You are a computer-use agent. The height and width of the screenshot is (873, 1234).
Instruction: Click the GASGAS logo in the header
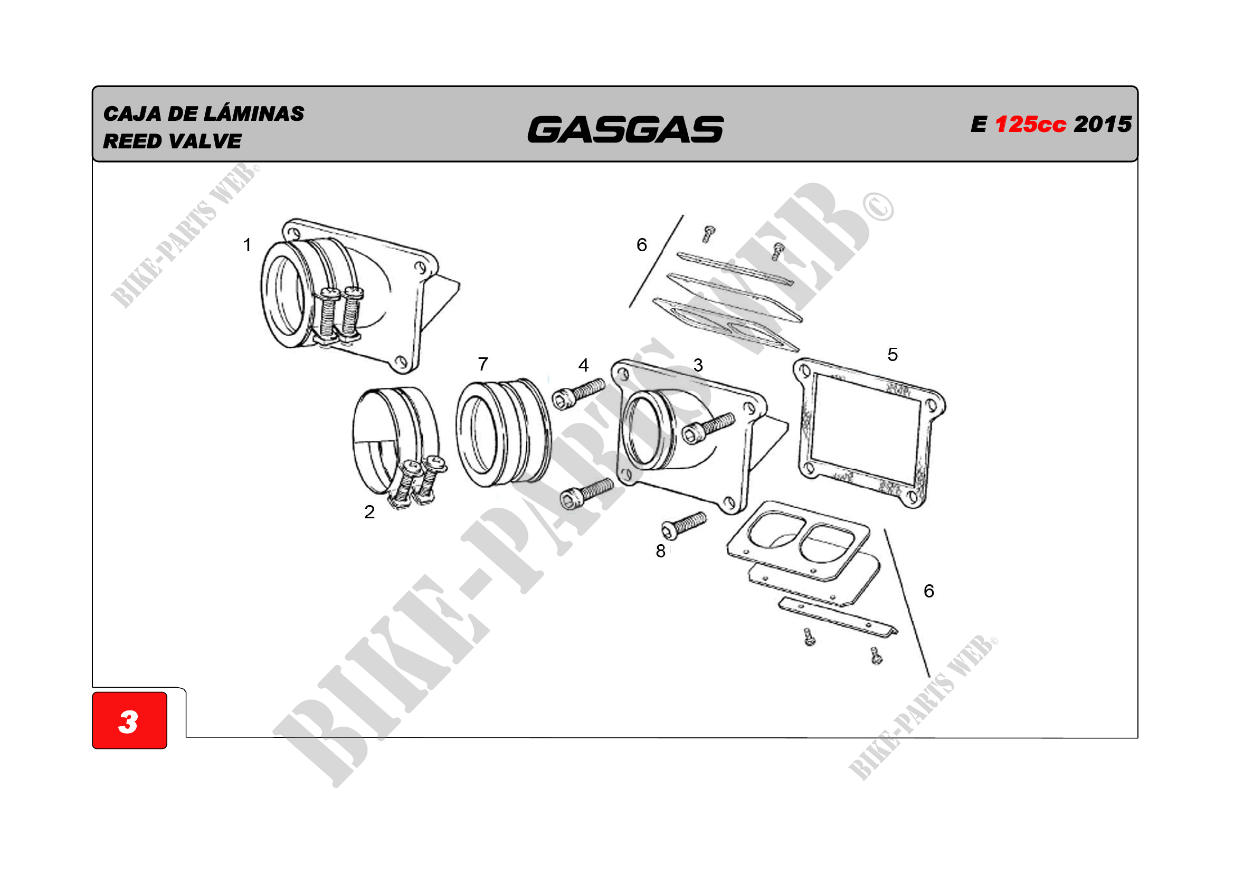coord(625,129)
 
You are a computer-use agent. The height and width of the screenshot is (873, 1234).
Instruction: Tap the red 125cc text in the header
coord(1030,124)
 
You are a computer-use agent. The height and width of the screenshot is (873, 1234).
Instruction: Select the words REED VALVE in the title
coord(172,141)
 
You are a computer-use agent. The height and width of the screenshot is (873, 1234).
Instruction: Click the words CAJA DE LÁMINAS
coord(204,113)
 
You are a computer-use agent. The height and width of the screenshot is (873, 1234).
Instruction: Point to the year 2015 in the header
coord(1103,124)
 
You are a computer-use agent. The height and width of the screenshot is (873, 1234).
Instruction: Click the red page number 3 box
coord(129,720)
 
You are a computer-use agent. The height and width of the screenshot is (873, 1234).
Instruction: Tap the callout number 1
coord(247,245)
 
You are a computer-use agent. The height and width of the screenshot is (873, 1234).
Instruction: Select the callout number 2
coord(369,512)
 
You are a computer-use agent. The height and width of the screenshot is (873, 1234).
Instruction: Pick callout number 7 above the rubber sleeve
coord(483,365)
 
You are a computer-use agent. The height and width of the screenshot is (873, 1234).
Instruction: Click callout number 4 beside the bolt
coord(584,366)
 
